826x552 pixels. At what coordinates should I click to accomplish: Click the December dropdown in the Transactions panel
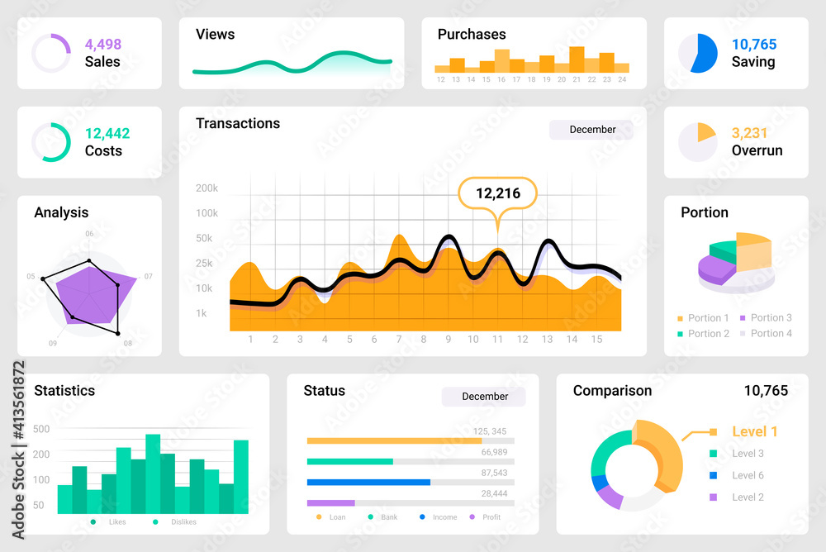point(591,130)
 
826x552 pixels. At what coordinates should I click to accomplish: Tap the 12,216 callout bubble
point(498,193)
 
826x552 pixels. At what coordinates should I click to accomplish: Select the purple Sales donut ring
point(51,53)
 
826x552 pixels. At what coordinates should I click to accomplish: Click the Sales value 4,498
point(102,45)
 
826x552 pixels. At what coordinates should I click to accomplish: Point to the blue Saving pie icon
point(698,53)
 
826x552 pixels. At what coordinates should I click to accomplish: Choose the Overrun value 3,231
point(749,133)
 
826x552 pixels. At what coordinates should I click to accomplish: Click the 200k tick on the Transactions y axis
point(206,188)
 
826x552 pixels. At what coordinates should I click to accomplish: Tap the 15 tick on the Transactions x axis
point(596,339)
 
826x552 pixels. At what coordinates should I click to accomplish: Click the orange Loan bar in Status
point(394,440)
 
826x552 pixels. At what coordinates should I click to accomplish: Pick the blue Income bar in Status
point(368,482)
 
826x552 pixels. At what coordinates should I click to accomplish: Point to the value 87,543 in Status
point(494,473)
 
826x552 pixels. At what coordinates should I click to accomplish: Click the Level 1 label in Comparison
point(754,431)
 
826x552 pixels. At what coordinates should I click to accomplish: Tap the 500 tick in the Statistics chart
point(41,429)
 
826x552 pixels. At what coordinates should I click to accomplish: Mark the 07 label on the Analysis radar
point(148,276)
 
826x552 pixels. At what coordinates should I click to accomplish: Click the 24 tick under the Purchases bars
point(622,80)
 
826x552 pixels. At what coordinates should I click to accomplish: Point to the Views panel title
point(215,35)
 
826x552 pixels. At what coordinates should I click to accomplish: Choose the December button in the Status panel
point(484,397)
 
